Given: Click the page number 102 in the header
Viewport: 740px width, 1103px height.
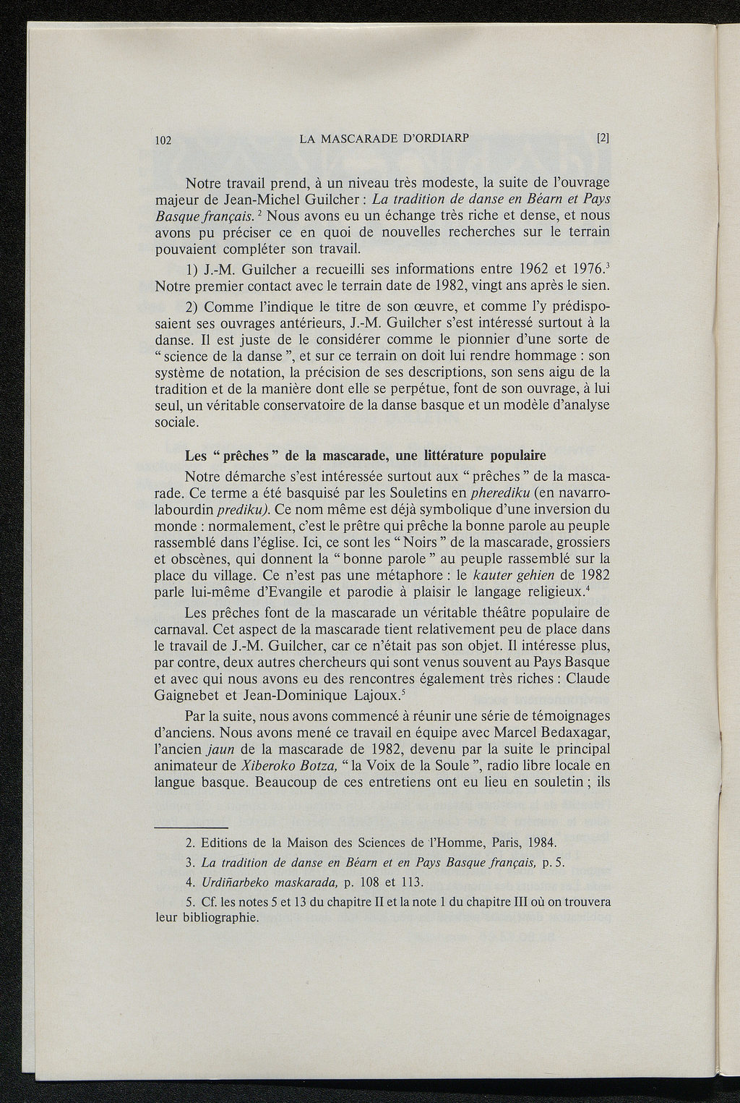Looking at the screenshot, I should click(163, 140).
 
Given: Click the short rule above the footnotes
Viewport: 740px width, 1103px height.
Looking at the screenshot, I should click(192, 827).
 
